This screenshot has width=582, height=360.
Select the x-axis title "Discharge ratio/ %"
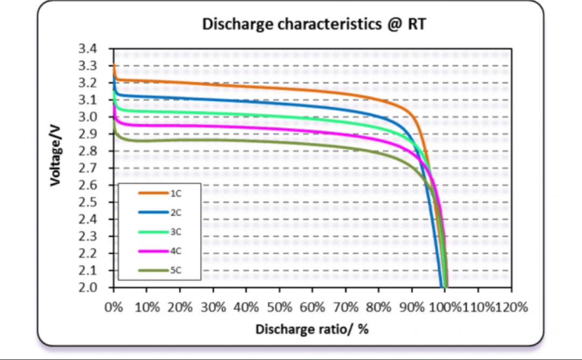311,329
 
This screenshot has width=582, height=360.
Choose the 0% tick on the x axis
114,308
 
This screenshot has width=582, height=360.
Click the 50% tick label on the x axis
279,308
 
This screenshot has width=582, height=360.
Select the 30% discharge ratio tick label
213,308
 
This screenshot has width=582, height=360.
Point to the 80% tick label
378,308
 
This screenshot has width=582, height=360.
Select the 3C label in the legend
175,232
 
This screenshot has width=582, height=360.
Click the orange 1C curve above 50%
279,88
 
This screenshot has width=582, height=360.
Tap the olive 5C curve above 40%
246,141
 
